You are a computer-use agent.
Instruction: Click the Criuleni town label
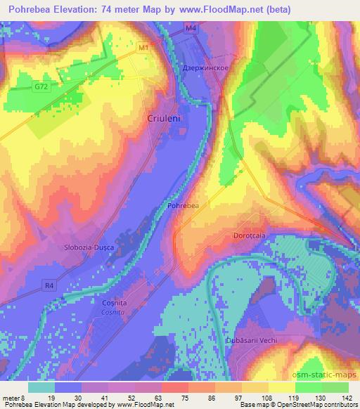[x=165, y=119]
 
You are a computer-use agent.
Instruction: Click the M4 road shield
[x=190, y=27]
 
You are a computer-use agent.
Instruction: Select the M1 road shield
[x=143, y=48]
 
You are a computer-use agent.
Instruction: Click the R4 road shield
[x=48, y=285]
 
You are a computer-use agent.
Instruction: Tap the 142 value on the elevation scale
[x=347, y=397]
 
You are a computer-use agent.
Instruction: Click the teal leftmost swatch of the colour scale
[x=41, y=387]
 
